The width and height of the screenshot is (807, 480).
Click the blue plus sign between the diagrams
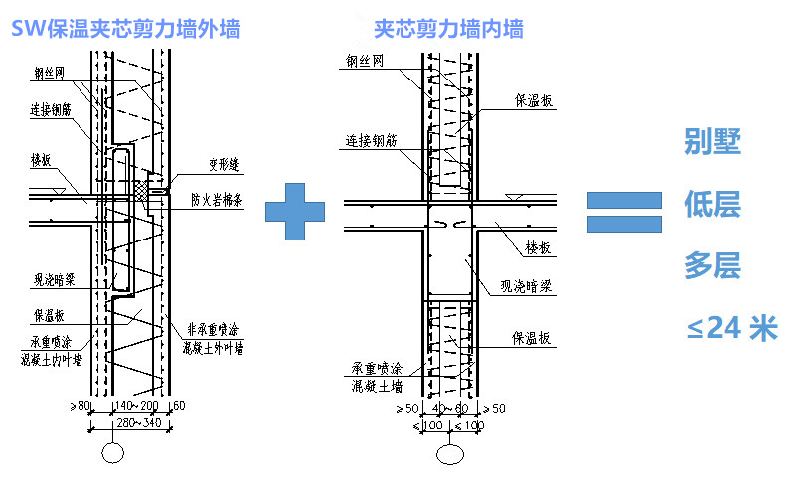[x=295, y=210]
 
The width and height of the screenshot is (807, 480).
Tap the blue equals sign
[x=623, y=211]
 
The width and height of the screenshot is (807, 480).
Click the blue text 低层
[x=713, y=205]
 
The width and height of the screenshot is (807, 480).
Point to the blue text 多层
[x=713, y=266]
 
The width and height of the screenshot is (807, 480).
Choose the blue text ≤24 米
[x=731, y=328]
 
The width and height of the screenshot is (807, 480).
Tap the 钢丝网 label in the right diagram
[x=365, y=60]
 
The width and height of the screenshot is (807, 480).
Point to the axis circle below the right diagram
[x=450, y=454]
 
